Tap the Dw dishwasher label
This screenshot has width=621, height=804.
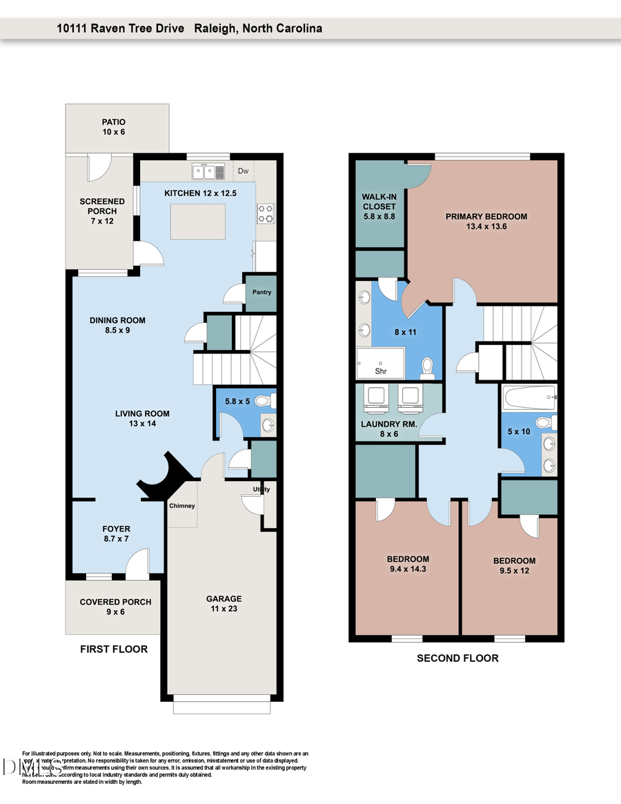point(243,170)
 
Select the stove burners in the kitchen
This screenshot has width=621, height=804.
point(266,214)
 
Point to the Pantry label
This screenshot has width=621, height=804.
point(262,292)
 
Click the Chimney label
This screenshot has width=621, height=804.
point(182,506)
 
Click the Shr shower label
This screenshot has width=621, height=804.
point(380,371)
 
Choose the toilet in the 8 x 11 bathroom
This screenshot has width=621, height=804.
point(427,366)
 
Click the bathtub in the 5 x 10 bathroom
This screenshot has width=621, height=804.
point(529,397)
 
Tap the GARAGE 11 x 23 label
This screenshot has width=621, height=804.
point(224,604)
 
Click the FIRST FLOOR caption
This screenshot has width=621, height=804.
point(114,649)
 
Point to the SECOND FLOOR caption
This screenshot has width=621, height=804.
point(457,658)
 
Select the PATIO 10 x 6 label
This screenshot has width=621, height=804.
point(114,127)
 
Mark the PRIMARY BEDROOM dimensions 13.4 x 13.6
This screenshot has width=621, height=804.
point(486,226)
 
